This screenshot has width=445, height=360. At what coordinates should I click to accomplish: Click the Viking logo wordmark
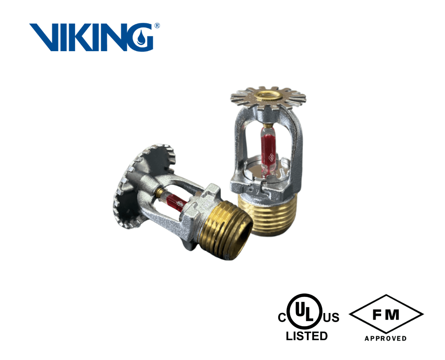click(x=91, y=37)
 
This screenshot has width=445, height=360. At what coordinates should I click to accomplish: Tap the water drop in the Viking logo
click(x=141, y=38)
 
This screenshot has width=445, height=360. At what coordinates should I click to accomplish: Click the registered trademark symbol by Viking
click(x=157, y=26)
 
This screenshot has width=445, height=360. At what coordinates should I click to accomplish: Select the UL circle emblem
click(x=306, y=311)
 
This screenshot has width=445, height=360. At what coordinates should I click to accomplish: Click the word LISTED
click(x=307, y=336)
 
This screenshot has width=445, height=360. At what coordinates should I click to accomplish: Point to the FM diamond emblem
click(x=386, y=314)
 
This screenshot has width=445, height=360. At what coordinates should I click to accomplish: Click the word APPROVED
click(x=385, y=339)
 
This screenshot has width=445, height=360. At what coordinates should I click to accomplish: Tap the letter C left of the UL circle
click(x=282, y=317)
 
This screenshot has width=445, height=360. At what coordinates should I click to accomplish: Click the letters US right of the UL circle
click(x=331, y=317)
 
